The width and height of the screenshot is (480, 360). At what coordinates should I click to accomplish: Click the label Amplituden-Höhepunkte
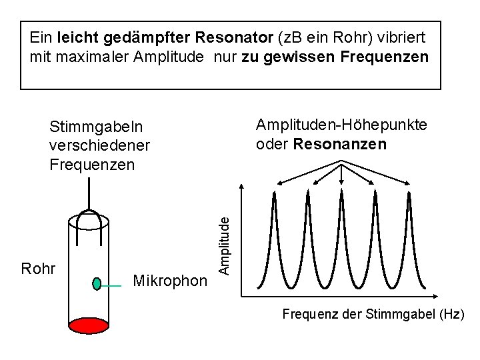coord(342,125)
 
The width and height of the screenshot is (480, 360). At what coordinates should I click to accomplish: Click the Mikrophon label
coord(170,281)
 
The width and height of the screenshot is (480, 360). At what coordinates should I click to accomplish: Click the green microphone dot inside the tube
coord(97,283)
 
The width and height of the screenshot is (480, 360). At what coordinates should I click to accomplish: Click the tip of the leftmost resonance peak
coord(273,192)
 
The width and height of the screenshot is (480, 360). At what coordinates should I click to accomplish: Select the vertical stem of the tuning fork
coord(89,193)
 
